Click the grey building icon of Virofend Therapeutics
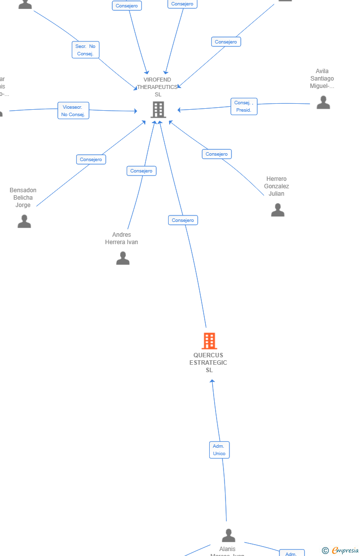[158, 110]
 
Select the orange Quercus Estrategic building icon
[209, 341]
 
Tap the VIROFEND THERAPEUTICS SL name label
[158, 87]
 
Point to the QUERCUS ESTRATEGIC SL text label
[208, 363]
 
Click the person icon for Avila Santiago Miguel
[323, 102]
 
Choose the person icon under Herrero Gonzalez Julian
[277, 210]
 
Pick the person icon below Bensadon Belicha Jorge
[24, 221]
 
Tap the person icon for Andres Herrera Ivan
[123, 258]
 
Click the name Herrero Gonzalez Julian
[276, 186]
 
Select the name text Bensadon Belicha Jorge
[23, 198]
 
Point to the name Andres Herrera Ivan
[122, 238]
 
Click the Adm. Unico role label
[219, 450]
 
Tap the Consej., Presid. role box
[244, 106]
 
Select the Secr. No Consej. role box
[86, 50]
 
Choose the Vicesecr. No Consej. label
[73, 111]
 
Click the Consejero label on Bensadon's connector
[91, 160]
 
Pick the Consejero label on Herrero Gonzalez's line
[217, 154]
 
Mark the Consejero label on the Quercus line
[183, 220]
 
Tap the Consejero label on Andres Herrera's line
[141, 171]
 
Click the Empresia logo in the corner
[344, 551]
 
